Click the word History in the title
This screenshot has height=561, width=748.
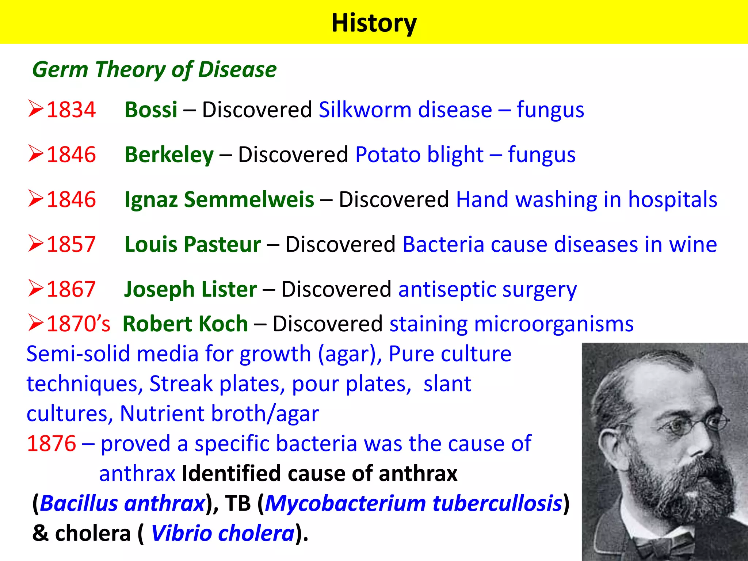click(374, 23)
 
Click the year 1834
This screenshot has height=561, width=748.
click(71, 110)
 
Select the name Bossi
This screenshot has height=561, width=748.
click(151, 110)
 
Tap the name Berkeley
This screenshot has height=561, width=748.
click(169, 154)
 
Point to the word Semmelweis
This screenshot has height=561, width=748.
click(249, 199)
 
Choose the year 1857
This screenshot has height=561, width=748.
click(71, 244)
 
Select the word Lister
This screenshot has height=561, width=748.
click(229, 289)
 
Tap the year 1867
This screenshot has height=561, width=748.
click(71, 289)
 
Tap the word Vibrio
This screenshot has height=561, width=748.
click(181, 533)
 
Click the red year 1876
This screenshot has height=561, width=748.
click(51, 443)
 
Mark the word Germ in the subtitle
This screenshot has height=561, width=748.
click(60, 69)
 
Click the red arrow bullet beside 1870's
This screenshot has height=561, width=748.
click(36, 323)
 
